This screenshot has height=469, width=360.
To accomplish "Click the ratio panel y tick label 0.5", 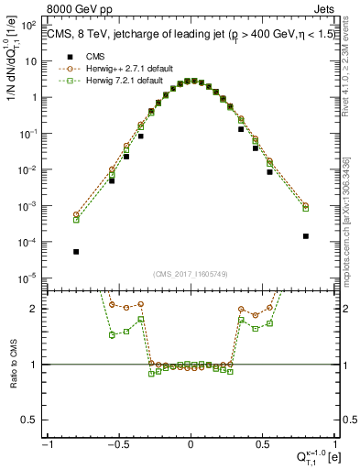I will (x=33, y=420).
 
